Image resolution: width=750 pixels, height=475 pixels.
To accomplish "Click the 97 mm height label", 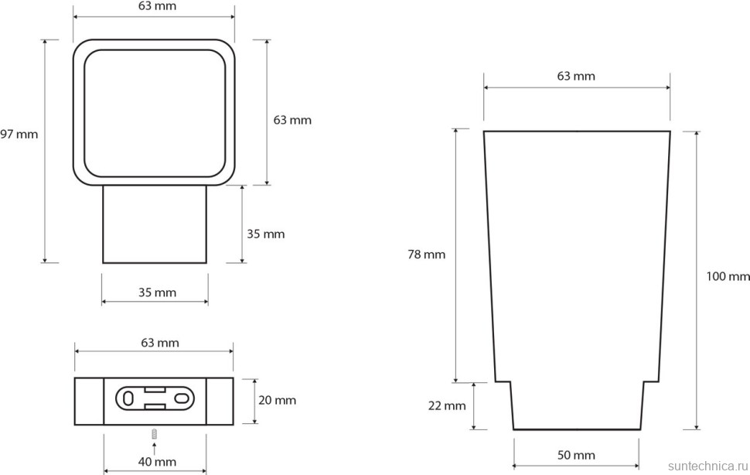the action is [x=19, y=135].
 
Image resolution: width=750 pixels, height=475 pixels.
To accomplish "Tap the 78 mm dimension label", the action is [x=426, y=255].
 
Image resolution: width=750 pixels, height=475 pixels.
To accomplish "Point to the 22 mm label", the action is [x=447, y=405].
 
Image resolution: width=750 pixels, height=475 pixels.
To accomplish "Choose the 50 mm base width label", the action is [x=576, y=456].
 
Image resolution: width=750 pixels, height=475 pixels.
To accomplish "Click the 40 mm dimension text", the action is [x=158, y=462].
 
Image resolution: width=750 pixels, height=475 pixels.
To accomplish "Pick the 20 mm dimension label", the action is [x=278, y=401].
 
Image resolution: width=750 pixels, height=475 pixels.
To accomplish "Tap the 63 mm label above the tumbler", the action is [x=576, y=76].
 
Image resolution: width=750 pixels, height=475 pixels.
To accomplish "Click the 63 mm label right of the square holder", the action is [x=292, y=120].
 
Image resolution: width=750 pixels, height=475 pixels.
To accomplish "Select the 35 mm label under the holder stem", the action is [x=158, y=292].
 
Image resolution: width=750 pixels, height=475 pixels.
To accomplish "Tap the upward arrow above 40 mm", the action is [x=154, y=448].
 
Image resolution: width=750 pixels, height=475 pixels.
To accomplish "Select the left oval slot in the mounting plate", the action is [x=128, y=398].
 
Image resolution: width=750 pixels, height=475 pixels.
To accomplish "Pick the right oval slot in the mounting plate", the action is [x=182, y=398].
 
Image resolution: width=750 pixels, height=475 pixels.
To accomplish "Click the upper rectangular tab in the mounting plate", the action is [x=155, y=390].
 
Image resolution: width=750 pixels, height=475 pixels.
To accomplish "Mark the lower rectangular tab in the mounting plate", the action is [x=155, y=407].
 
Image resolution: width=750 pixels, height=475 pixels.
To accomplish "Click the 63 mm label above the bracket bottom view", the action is [x=160, y=343].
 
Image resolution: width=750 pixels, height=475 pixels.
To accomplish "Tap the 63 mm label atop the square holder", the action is [x=158, y=6].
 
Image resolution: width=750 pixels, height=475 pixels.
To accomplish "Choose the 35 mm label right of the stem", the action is [x=266, y=234].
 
